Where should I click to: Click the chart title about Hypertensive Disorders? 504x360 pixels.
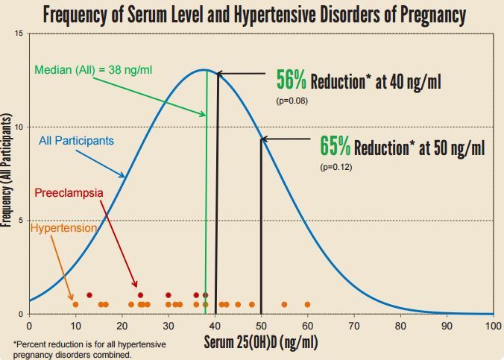click(252, 14)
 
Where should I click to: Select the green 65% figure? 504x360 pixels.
click(336, 145)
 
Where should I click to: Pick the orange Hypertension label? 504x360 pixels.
click(64, 228)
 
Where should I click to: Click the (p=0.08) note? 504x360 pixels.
click(292, 100)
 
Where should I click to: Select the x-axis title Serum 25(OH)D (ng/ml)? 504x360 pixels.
click(262, 344)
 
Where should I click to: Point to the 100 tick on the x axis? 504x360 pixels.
click(493, 326)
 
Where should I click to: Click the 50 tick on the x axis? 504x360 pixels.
click(261, 326)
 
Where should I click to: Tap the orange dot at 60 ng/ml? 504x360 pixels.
click(307, 304)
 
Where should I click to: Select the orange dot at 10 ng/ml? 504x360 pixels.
click(75, 304)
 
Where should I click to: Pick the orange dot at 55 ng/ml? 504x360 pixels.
click(284, 304)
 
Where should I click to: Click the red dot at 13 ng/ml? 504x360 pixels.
click(89, 295)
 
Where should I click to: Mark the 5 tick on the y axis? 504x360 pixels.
click(19, 221)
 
